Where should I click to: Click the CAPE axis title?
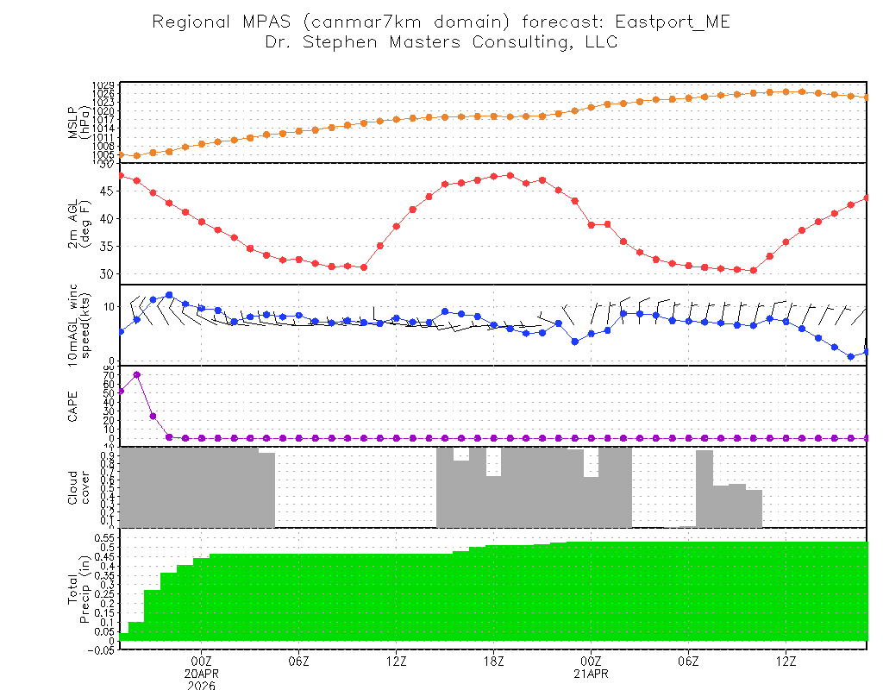click(73, 406)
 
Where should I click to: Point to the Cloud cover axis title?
click(78, 487)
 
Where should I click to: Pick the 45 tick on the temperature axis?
click(108, 191)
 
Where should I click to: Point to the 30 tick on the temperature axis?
click(108, 273)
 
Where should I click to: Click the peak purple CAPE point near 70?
click(137, 375)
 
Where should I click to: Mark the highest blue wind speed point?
click(169, 295)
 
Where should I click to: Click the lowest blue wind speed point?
click(851, 356)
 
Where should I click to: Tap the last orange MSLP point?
click(867, 97)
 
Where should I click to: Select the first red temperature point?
click(121, 175)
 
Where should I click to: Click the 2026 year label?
click(202, 685)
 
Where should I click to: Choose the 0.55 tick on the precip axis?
click(105, 537)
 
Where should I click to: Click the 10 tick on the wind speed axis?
click(109, 306)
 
